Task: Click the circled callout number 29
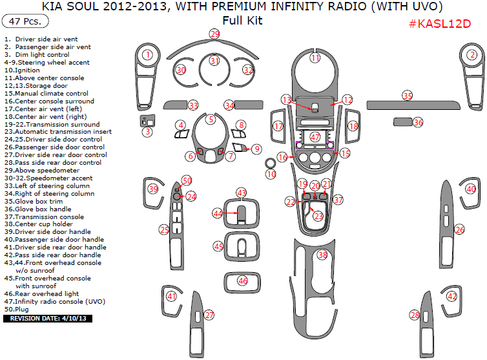click(214, 34)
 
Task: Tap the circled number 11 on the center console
click(315, 58)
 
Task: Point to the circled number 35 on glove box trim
click(407, 95)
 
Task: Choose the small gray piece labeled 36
click(404, 122)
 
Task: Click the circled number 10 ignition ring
click(271, 174)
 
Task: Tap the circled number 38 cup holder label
click(322, 255)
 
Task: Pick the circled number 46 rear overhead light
click(242, 281)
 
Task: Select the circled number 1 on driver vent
click(148, 54)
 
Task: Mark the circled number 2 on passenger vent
click(472, 54)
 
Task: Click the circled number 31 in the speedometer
click(214, 61)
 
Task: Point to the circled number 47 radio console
click(315, 137)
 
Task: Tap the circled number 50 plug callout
click(187, 180)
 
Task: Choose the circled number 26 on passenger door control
click(459, 229)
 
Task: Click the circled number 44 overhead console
click(218, 213)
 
